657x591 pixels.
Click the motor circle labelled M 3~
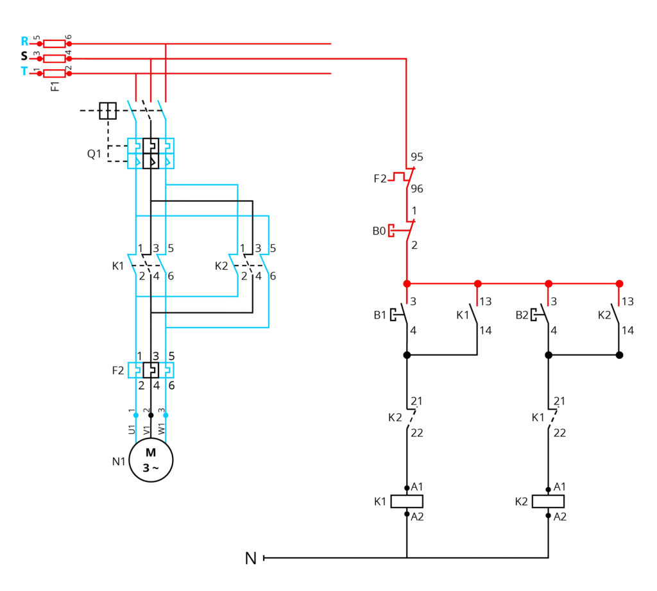pos(151,460)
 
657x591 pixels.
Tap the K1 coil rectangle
pos(406,501)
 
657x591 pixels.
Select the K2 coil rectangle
pos(548,501)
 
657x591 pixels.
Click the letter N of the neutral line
pos(251,558)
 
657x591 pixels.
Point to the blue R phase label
pos(25,41)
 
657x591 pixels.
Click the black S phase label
pos(24,56)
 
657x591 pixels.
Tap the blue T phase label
pos(24,71)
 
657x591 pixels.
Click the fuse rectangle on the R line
pos(55,44)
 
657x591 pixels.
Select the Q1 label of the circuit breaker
pos(94,154)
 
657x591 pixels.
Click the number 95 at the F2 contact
pos(417,157)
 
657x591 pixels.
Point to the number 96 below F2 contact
pos(417,188)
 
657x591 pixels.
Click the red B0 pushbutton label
pos(379,231)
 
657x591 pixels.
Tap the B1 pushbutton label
pos(380,315)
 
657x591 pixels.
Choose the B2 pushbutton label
pos(522,315)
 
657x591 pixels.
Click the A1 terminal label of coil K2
pos(559,487)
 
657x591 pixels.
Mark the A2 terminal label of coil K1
pos(417,517)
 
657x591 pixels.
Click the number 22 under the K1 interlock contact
pos(559,433)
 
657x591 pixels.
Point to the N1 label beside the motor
pos(119,462)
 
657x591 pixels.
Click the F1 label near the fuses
pos(55,87)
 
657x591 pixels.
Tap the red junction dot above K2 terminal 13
pos(619,284)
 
